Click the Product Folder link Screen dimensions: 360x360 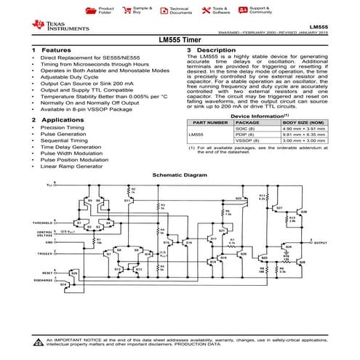tap(105, 11)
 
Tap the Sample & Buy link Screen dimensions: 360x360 tap(143, 11)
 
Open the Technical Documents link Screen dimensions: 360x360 tap(180, 11)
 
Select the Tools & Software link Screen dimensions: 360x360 tap(221, 11)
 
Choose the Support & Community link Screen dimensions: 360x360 tap(260, 11)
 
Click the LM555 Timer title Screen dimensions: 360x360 tap(180, 41)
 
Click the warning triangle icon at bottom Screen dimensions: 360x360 tap(38, 342)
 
